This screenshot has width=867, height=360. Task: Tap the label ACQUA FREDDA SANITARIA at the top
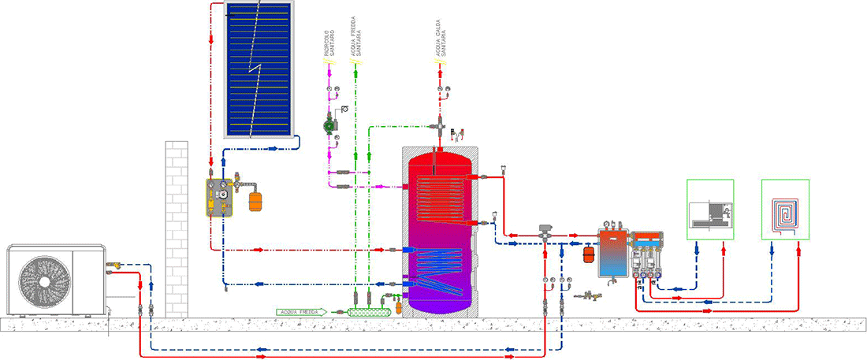click(x=355, y=37)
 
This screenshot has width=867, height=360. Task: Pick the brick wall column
click(x=177, y=228)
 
